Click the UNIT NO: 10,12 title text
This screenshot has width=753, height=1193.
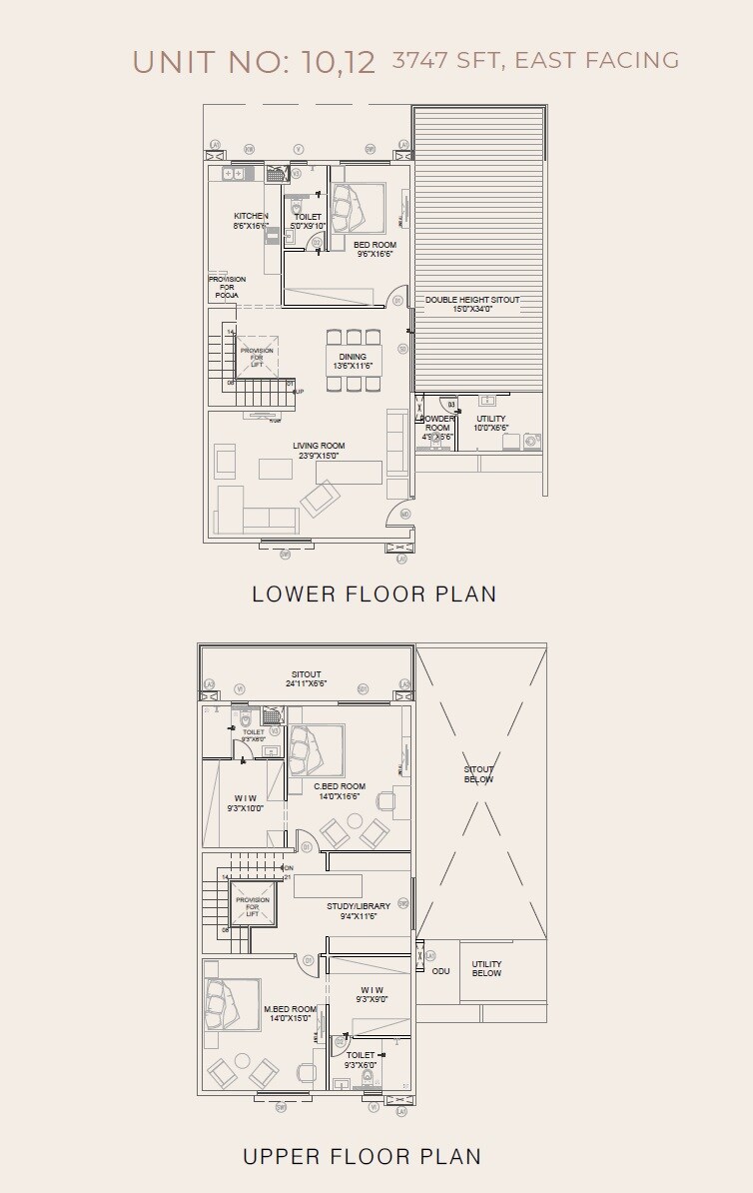[x=254, y=62]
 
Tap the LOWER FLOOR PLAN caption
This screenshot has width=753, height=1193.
[x=374, y=594]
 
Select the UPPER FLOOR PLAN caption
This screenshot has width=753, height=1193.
[x=363, y=1156]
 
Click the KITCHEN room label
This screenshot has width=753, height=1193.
[x=251, y=217]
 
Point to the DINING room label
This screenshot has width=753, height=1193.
[x=353, y=357]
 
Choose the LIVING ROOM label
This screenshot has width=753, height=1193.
[x=319, y=447]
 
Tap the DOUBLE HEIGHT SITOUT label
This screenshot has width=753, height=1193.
[x=472, y=300]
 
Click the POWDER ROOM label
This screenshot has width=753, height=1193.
[x=437, y=423]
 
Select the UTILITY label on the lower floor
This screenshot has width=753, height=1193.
[x=490, y=419]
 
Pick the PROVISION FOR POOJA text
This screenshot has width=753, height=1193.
[x=227, y=288]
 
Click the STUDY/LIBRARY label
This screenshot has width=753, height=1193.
[x=359, y=906]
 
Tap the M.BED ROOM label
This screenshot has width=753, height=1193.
[x=291, y=1009]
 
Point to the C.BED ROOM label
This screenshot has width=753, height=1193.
[x=340, y=786]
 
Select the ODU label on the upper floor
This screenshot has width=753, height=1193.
[x=440, y=970]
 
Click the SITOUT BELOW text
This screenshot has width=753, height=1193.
[x=479, y=774]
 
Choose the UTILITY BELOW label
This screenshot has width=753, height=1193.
[x=487, y=969]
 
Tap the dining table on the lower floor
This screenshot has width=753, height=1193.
[x=353, y=357]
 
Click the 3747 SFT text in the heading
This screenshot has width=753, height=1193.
[x=447, y=60]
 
